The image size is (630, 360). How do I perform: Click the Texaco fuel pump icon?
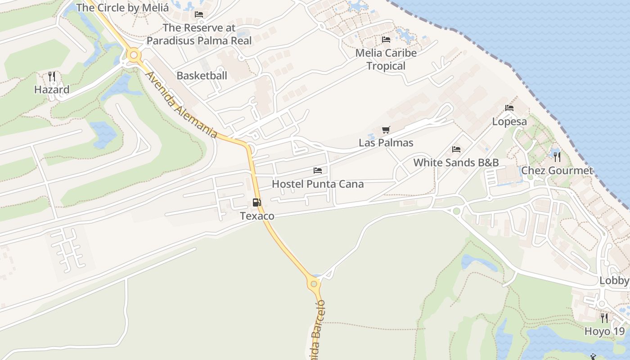point(256,202)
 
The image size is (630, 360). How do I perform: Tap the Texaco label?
point(257,216)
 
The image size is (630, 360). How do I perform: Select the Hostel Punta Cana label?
point(318,184)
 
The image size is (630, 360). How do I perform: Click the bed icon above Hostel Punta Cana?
point(318,171)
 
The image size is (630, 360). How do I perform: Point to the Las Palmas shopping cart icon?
point(386,130)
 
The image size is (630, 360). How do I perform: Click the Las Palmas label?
point(386,143)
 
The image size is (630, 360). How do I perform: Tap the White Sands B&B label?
point(456,162)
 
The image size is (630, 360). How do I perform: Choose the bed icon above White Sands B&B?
point(456,149)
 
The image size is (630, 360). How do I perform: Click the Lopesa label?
point(509,121)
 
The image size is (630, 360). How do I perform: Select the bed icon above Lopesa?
point(509,108)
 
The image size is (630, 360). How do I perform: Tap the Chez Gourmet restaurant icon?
point(557,157)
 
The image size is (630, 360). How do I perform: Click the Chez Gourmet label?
point(557,171)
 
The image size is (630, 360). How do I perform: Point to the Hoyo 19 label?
point(604,332)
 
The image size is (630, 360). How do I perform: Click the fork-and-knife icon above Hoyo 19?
point(604,318)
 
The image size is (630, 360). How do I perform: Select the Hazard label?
point(52,90)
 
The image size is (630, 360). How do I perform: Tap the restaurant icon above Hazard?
point(52,76)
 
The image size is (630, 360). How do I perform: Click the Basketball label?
point(202,76)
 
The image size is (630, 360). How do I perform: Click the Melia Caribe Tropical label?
point(386,59)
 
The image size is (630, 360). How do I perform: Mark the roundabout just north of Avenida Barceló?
point(314,284)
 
